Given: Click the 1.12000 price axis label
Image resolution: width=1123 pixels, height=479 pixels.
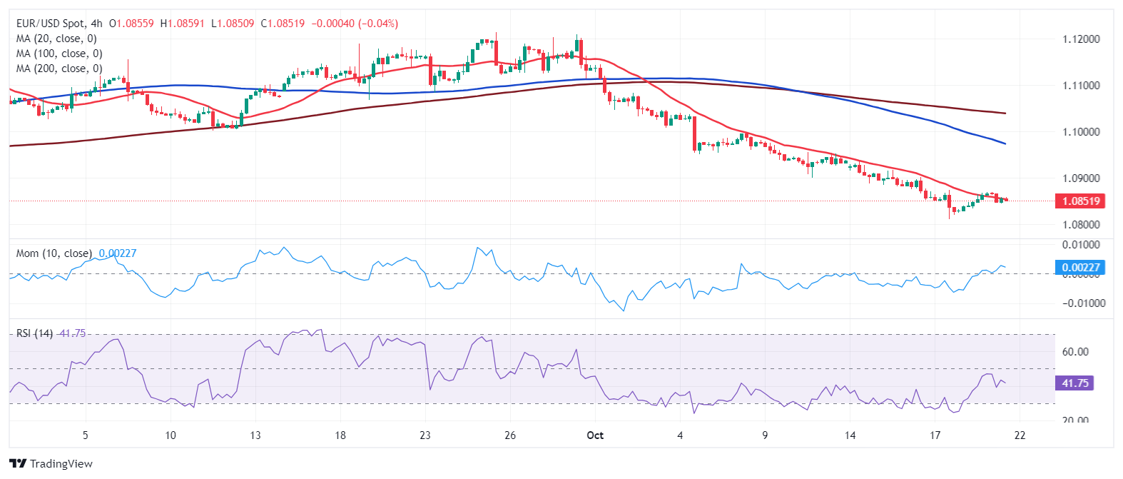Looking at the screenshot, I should [x=1081, y=39].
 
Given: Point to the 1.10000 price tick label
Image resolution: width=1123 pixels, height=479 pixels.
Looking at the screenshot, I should [x=1081, y=132].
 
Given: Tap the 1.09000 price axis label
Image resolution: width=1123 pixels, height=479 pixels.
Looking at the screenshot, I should [x=1081, y=178].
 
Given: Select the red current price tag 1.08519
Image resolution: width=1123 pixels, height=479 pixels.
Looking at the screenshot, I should [x=1080, y=201].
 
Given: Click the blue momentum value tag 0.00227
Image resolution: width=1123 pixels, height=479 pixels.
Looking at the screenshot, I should [x=1080, y=268].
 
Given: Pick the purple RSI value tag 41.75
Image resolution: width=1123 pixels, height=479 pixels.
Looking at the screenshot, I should [x=1074, y=383].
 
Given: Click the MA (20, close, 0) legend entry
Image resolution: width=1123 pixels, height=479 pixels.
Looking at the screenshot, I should [x=56, y=39].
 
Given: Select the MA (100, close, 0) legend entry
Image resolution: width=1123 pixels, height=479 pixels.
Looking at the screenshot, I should [x=59, y=54].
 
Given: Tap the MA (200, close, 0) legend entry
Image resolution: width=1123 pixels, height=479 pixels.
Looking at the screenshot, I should [x=59, y=69].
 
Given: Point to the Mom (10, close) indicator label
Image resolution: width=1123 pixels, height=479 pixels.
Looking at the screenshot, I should [x=54, y=253].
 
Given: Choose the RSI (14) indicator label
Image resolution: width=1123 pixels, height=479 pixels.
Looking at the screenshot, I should [x=34, y=333].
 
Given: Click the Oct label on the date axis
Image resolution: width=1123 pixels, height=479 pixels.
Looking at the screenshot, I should [x=595, y=435].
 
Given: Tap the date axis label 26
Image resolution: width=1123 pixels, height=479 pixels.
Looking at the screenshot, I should [x=510, y=435].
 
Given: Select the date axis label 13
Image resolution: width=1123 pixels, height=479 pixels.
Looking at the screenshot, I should [x=255, y=435].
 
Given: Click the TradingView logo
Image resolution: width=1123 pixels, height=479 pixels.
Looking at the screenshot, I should [x=51, y=464].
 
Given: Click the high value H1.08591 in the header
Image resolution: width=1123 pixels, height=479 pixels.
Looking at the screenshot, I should [x=182, y=24].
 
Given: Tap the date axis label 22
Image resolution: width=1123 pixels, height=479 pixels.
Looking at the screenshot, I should [x=1020, y=435].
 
